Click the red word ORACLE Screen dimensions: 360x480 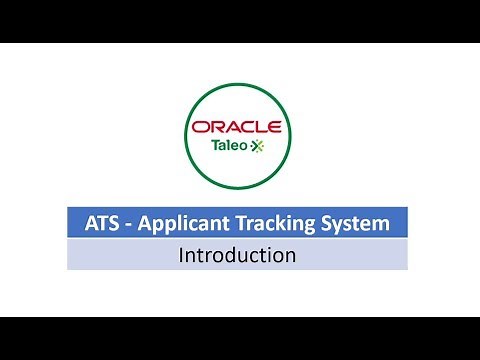click(237, 127)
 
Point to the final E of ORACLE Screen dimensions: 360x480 click(274, 127)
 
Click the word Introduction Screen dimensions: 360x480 click(237, 255)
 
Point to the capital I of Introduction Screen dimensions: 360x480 click(181, 255)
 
